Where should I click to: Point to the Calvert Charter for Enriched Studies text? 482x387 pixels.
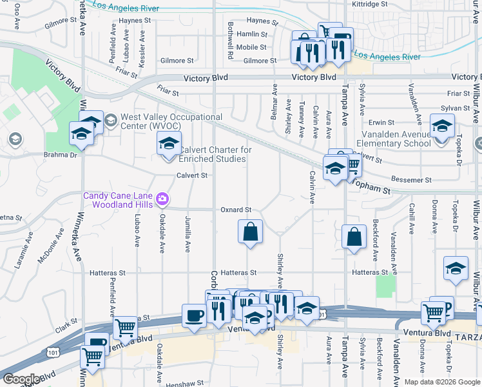point(215,154)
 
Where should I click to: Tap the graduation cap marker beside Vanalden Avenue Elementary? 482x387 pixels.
point(442,127)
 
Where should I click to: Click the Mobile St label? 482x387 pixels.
point(251,47)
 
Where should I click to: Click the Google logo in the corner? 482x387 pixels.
point(21,379)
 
